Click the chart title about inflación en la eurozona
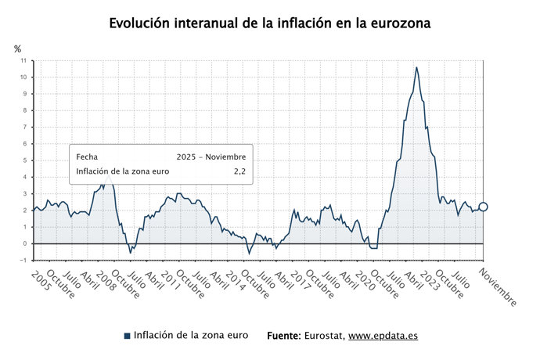pos(270,23)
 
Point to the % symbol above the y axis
pos(18,49)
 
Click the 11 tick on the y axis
pos(23,60)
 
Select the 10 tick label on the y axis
pos(23,77)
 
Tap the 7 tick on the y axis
pos(24,127)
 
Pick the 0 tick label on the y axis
pos(24,243)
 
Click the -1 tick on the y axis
pos(23,260)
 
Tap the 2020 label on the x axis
pos(354,279)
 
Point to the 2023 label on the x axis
pos(423,279)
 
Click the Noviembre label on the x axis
pos(497,288)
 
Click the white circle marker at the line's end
pos(483,207)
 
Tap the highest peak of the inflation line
pos(416,68)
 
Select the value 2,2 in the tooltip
pos(240,172)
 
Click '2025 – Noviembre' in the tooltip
pos(211,156)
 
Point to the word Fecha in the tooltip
pos(87,156)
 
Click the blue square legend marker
pos(127,336)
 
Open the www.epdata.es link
pos(383,336)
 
